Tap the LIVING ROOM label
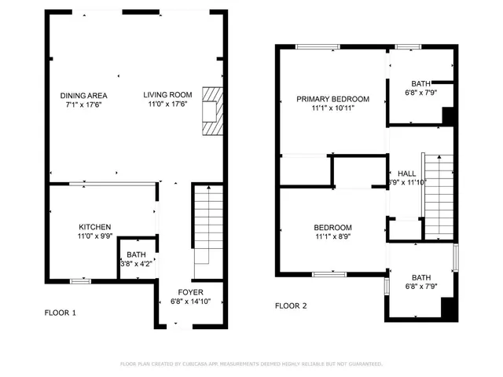click(x=167, y=96)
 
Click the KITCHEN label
click(x=94, y=226)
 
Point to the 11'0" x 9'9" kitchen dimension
click(x=94, y=236)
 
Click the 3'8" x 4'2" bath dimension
click(x=137, y=264)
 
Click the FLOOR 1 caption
click(x=60, y=313)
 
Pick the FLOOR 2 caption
click(x=290, y=306)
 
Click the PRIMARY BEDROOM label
click(x=332, y=99)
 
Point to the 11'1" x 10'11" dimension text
click(x=332, y=108)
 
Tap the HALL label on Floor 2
click(x=406, y=174)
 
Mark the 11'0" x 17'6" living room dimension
click(x=167, y=104)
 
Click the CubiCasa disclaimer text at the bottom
click(x=251, y=364)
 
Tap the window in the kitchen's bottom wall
click(x=80, y=280)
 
